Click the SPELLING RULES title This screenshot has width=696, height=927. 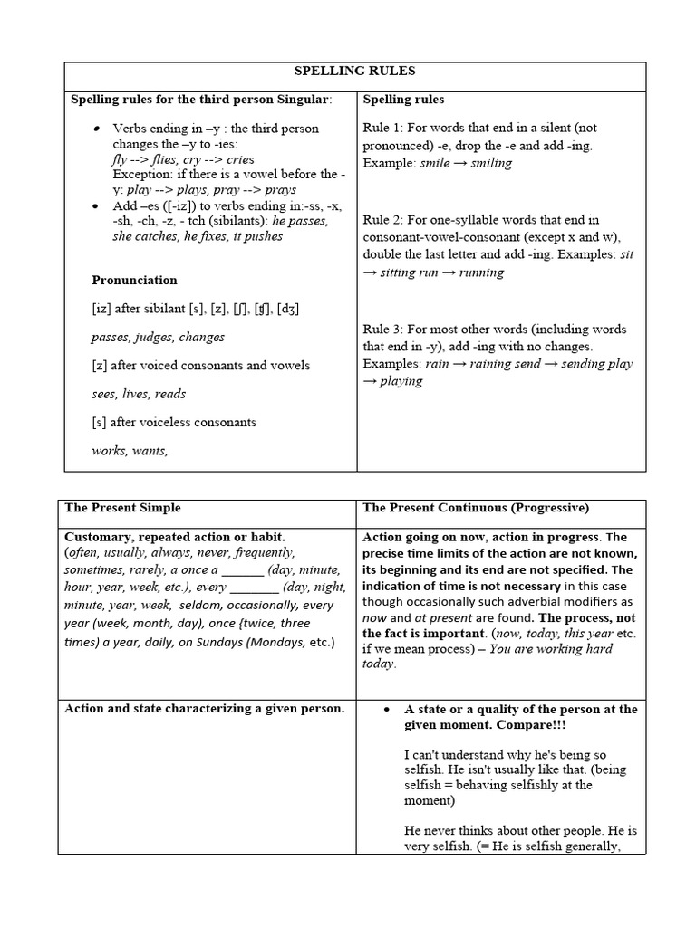pos(355,71)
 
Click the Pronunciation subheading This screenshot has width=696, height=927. pos(135,280)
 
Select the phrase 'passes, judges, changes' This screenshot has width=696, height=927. pos(159,337)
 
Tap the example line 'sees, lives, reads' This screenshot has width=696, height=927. pos(139,394)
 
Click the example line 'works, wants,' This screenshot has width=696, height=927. pos(130,451)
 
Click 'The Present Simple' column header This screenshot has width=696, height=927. pos(123,508)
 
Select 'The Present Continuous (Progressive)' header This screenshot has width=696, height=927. pos(476,508)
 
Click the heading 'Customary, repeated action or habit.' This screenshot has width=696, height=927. pos(175,536)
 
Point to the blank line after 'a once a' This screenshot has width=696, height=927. pos(243,571)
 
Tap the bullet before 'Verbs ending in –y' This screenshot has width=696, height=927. pos(95,129)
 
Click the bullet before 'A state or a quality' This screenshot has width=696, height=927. pos(387,710)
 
